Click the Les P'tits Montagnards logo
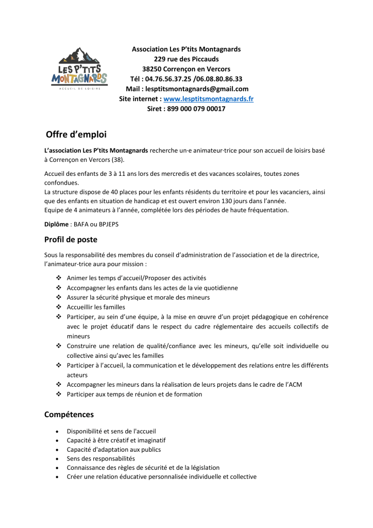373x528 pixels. click(x=79, y=69)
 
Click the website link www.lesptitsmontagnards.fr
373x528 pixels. click(x=208, y=98)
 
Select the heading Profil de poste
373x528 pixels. click(x=71, y=239)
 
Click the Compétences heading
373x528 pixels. click(x=69, y=414)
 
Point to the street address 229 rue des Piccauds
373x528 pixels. click(x=186, y=59)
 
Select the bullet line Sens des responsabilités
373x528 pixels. click(x=100, y=458)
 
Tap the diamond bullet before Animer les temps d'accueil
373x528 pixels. click(x=58, y=278)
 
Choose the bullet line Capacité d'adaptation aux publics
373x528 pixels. click(x=113, y=449)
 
